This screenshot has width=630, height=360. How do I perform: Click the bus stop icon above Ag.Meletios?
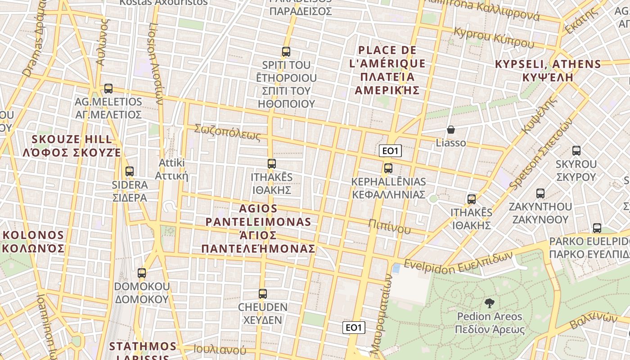click(108, 89)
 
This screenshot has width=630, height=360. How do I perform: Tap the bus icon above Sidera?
click(130, 171)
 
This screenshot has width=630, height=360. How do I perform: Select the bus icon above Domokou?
click(142, 273)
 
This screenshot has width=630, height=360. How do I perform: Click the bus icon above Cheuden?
click(263, 294)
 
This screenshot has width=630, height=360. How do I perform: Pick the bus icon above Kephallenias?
click(388, 168)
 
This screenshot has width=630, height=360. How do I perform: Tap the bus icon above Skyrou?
click(576, 151)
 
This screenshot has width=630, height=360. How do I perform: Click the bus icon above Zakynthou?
click(540, 193)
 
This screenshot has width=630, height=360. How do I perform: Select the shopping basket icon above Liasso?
click(451, 130)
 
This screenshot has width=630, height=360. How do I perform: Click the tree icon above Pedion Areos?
click(489, 303)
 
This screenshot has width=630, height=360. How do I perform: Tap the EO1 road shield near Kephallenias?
click(390, 151)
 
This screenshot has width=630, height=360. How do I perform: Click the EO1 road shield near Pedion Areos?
click(353, 328)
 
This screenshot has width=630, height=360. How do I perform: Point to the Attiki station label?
click(171, 169)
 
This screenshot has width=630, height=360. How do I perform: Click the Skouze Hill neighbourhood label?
click(72, 145)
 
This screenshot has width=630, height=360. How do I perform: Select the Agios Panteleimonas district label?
click(258, 229)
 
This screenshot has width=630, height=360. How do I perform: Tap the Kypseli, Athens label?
click(548, 70)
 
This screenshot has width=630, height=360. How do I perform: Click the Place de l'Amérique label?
click(387, 70)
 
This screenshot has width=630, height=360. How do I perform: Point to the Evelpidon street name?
click(458, 262)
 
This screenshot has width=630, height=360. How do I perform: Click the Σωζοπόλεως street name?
click(227, 133)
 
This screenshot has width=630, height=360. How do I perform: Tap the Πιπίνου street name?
click(389, 226)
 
